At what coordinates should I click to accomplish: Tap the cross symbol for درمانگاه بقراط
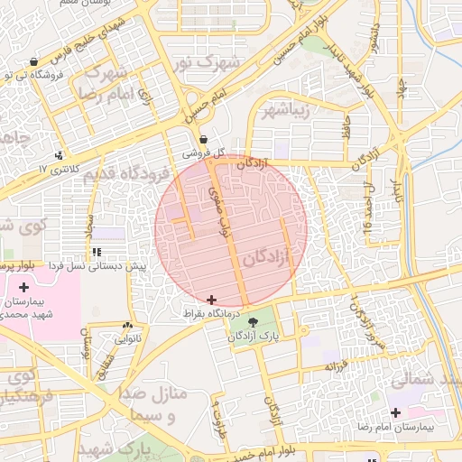click(211, 300)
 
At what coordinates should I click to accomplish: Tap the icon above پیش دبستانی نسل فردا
click(97, 253)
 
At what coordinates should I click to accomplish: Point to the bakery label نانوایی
click(126, 339)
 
